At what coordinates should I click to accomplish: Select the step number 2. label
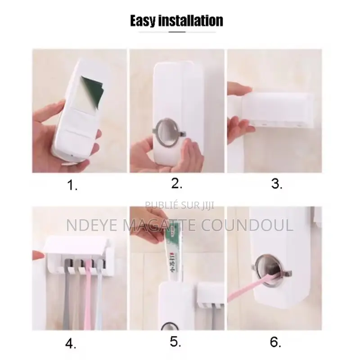tap(176, 183)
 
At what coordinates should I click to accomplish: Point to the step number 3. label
tap(276, 184)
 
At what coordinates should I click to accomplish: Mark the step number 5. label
tap(176, 342)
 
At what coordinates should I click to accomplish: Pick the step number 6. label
tap(275, 342)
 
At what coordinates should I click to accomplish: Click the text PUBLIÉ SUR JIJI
tap(180, 206)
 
